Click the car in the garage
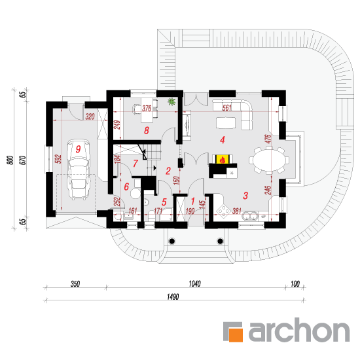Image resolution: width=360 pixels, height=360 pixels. click(78, 170)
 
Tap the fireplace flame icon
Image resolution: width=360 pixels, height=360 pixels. click(223, 159)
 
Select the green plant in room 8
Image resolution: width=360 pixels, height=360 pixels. click(171, 101)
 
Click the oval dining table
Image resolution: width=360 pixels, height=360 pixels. click(269, 160)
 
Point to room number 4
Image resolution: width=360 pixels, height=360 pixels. click(223, 140)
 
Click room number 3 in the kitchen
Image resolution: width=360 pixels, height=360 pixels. click(245, 196)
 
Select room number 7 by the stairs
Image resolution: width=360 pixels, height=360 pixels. click(135, 163)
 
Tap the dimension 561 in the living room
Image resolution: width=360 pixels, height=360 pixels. click(227, 108)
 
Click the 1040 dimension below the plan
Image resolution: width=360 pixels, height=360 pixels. click(194, 284)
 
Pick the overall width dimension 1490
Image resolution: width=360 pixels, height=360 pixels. click(173, 297)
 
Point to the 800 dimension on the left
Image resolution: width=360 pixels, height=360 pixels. click(10, 160)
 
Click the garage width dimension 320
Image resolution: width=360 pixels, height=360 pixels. click(90, 117)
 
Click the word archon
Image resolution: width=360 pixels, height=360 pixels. click(299, 330)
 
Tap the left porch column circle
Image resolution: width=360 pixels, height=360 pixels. click(172, 241)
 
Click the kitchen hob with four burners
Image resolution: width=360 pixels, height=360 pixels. click(223, 211)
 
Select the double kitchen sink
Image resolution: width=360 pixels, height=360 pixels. click(250, 215)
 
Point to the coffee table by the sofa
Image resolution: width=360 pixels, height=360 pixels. click(226, 123)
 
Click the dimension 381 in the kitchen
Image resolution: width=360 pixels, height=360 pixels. click(237, 211)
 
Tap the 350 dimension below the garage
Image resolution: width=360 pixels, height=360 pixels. click(75, 284)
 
